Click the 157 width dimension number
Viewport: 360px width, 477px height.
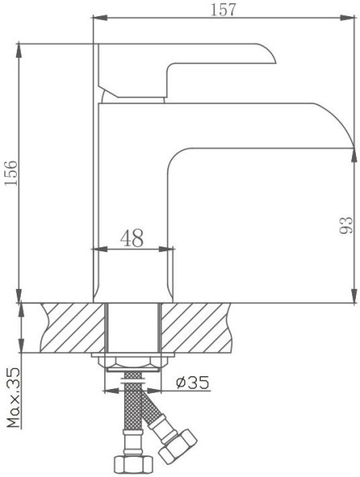223,9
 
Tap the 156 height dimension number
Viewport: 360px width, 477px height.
11,173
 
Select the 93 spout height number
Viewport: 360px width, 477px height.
346,225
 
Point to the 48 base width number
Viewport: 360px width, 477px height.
132,238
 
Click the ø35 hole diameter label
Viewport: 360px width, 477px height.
193,383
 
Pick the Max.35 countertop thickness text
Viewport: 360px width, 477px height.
14,398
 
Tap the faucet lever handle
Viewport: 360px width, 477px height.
187,70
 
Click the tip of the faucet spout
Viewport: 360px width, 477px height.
354,148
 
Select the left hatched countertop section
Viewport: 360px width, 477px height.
73,327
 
